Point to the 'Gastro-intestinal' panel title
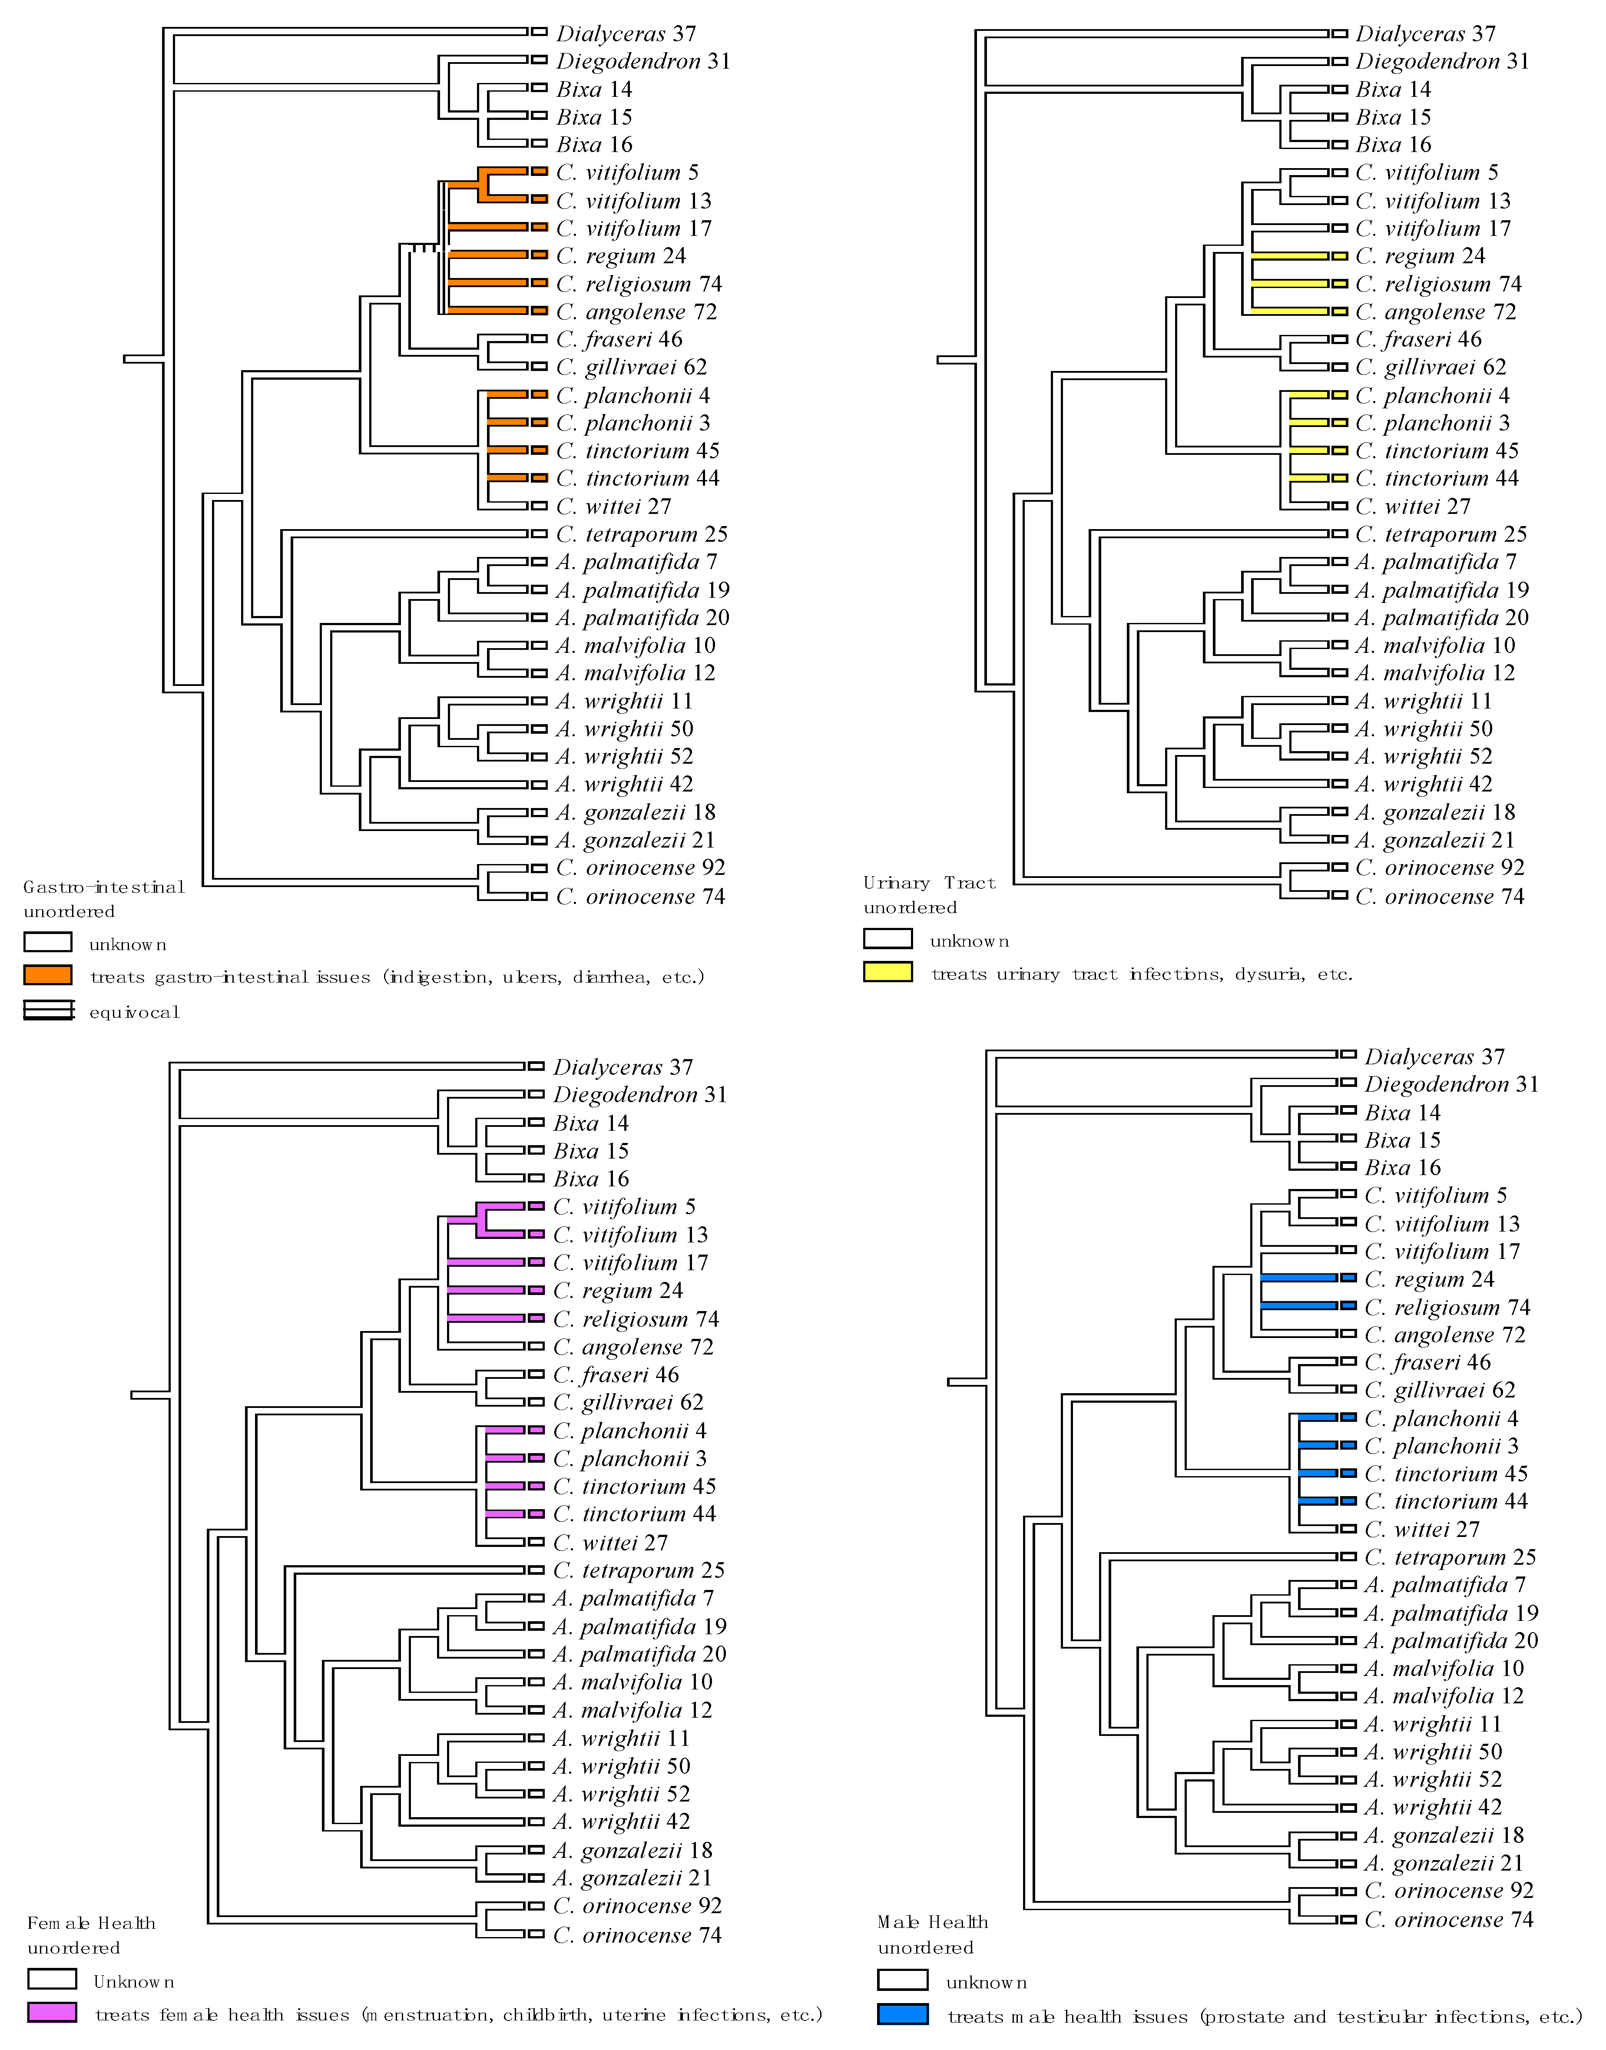click(103, 887)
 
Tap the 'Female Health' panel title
click(91, 1923)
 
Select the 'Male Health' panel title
click(933, 1922)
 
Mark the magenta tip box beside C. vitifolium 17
click(536, 1262)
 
